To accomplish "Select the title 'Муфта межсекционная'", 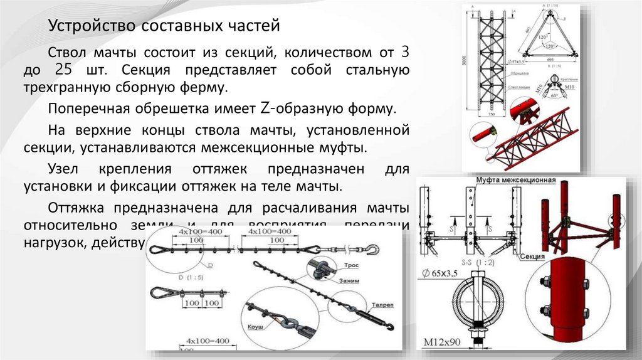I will pyautogui.click(x=515, y=181).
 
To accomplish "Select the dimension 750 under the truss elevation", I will pyautogui.click(x=492, y=117).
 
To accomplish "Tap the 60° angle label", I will pyautogui.click(x=554, y=97).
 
